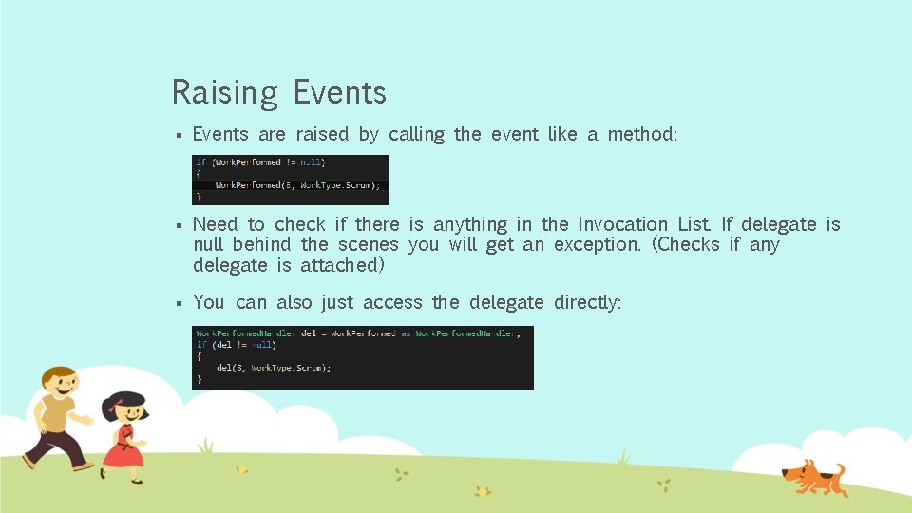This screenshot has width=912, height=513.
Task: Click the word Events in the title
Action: point(339,92)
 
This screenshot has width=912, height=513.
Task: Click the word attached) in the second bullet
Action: point(342,266)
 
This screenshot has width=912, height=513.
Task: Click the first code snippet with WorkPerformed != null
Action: point(290,180)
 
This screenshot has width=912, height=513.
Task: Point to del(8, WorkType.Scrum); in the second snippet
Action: point(274,367)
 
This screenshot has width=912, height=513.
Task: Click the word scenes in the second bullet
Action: point(369,245)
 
